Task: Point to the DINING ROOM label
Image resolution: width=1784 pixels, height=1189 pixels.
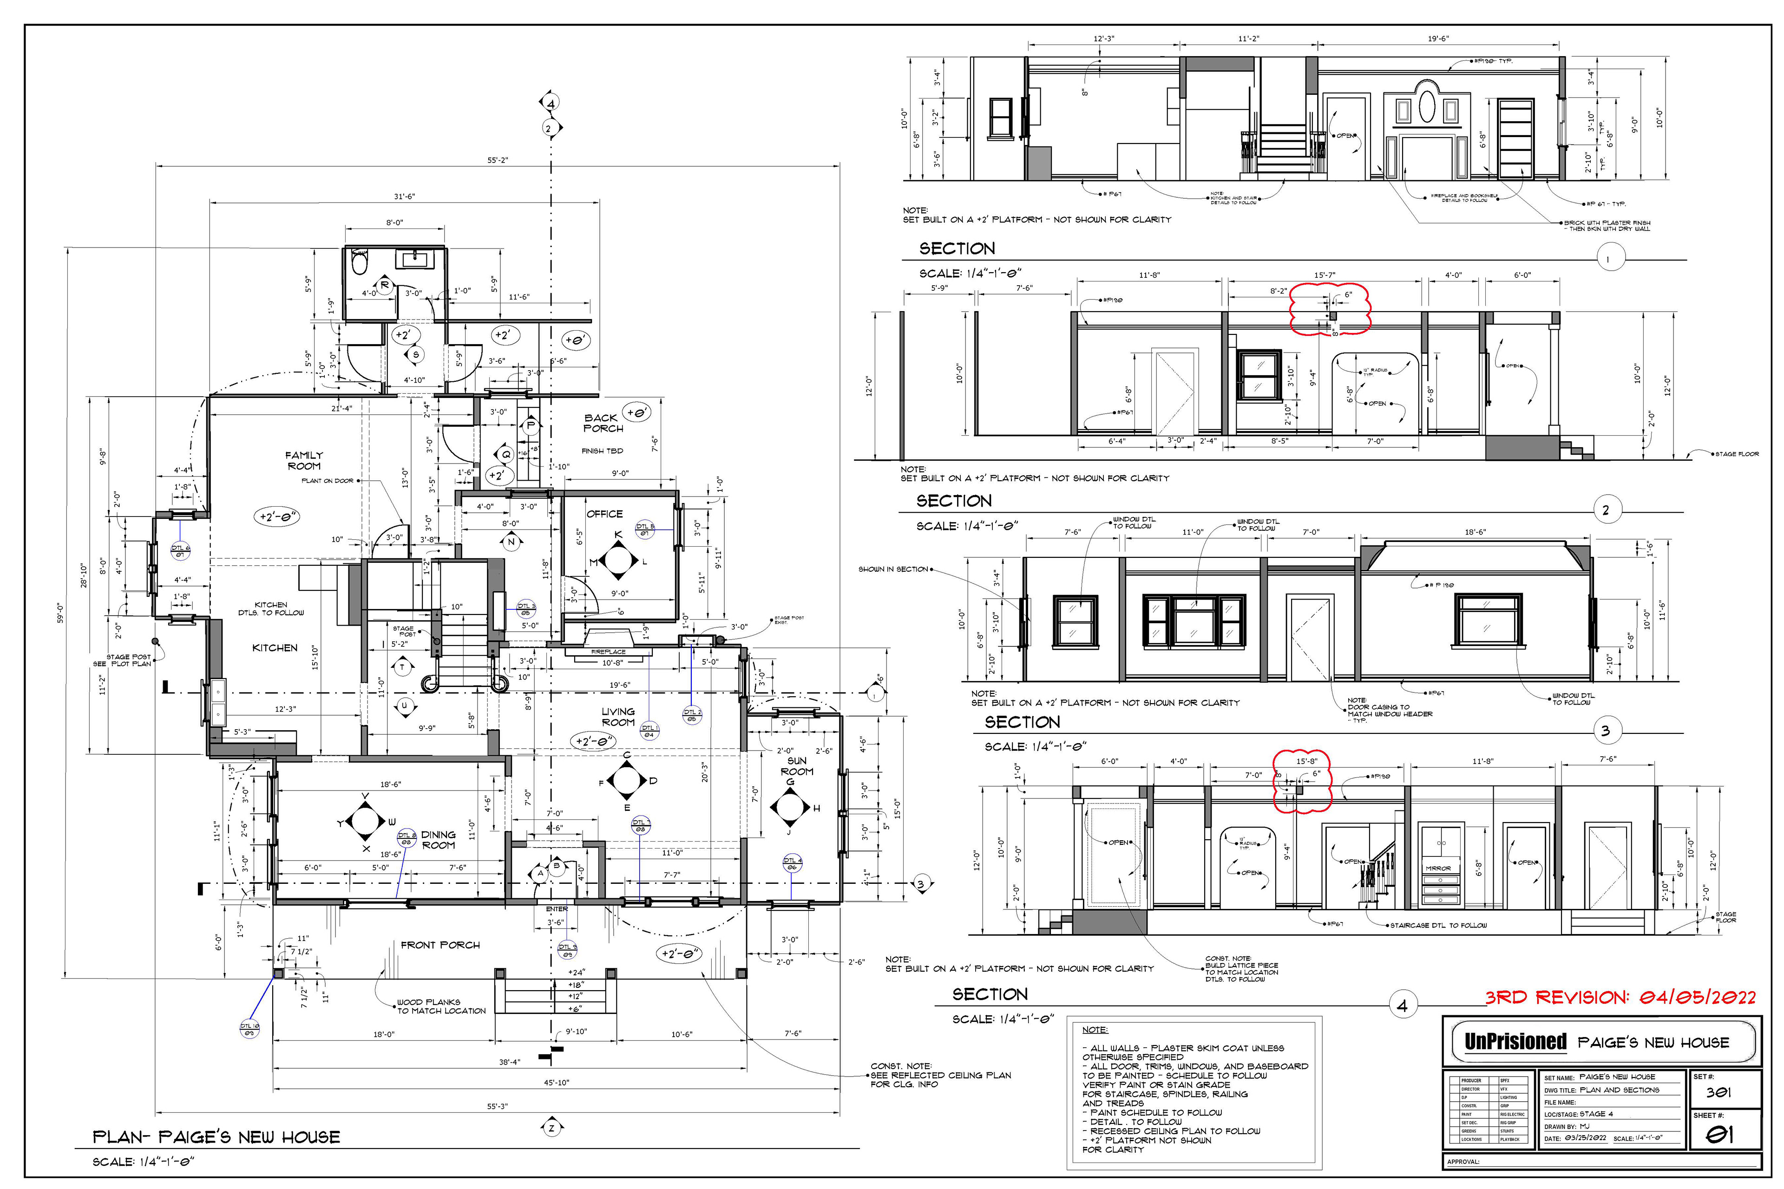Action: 439,839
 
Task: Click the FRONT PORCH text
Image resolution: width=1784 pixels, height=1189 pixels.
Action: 440,945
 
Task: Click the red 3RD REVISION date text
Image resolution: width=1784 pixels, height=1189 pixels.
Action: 1620,997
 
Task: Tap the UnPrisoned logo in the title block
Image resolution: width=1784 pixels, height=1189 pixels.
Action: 1515,1042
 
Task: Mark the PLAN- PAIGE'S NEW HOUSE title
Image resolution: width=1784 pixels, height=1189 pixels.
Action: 216,1137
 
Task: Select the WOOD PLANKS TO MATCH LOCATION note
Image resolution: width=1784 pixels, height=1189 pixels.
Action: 440,1006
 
